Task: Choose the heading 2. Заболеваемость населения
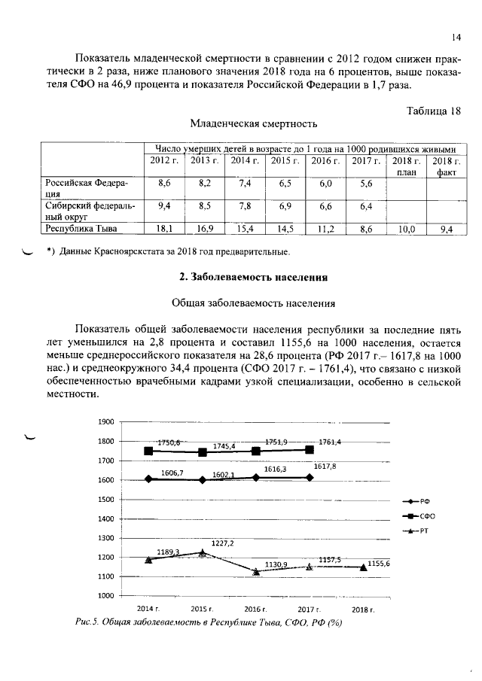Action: pos(252,278)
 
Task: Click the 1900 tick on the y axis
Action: pos(105,422)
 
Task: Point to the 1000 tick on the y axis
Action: pos(105,596)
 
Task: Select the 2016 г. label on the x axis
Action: pos(255,609)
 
